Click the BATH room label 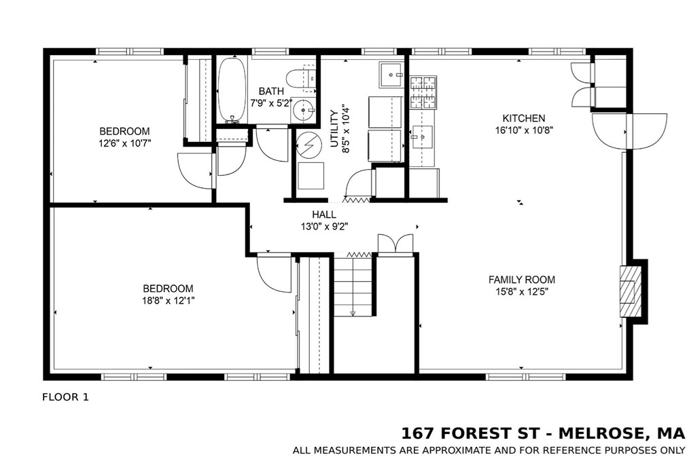point(271,91)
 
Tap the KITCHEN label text point(524,118)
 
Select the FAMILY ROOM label point(522,280)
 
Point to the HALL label point(324,215)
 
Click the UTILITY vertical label point(334,128)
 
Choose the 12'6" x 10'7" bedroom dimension point(125,143)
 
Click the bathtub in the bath point(232,90)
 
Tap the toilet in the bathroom point(301,78)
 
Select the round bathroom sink point(303,107)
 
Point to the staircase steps point(353,285)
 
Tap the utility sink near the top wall point(391,75)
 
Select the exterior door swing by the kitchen point(629,132)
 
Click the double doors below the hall point(395,244)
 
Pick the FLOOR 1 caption point(65,397)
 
